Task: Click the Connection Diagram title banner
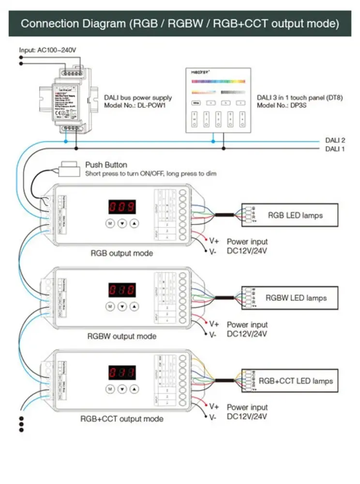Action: [x=180, y=23]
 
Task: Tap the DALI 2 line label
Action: [x=335, y=140]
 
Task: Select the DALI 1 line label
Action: [x=335, y=149]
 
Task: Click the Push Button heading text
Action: [x=106, y=165]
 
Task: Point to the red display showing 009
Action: [x=121, y=207]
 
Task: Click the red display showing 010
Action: [x=121, y=290]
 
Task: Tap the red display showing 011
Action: [x=121, y=373]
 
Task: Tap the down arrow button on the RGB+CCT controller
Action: [x=122, y=389]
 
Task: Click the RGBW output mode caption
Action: [x=121, y=336]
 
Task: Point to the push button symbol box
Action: [x=69, y=169]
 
